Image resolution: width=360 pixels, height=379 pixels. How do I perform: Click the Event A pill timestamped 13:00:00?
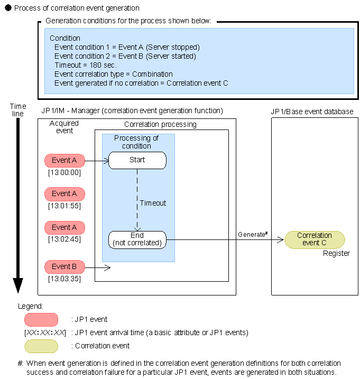coord(64,160)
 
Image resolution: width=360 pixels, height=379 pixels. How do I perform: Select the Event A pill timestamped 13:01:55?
coord(64,194)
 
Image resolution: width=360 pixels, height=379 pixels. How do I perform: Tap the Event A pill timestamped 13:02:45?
coord(64,228)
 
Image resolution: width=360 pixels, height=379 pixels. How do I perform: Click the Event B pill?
coord(64,267)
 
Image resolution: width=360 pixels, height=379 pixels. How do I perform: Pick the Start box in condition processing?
coord(137,160)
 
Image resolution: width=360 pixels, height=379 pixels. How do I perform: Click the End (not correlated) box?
coord(137,239)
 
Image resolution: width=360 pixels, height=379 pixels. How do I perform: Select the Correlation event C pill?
coord(315,239)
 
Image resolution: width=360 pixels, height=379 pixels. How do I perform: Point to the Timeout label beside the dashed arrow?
coord(153,203)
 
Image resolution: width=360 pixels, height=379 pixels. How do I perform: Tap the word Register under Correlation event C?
coord(336,253)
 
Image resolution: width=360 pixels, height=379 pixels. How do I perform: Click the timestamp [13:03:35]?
coord(64,278)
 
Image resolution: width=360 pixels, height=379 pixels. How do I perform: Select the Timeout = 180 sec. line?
coord(81,65)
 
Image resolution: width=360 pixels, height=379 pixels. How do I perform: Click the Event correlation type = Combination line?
coord(113,74)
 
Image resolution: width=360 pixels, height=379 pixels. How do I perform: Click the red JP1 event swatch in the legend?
coord(41,319)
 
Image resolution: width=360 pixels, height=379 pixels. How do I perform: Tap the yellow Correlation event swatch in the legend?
coord(41,346)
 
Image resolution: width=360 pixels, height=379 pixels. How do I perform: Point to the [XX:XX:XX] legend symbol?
coord(44,332)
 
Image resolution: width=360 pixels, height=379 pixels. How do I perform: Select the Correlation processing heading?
coord(160,125)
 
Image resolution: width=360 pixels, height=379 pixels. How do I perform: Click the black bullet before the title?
coord(8,8)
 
